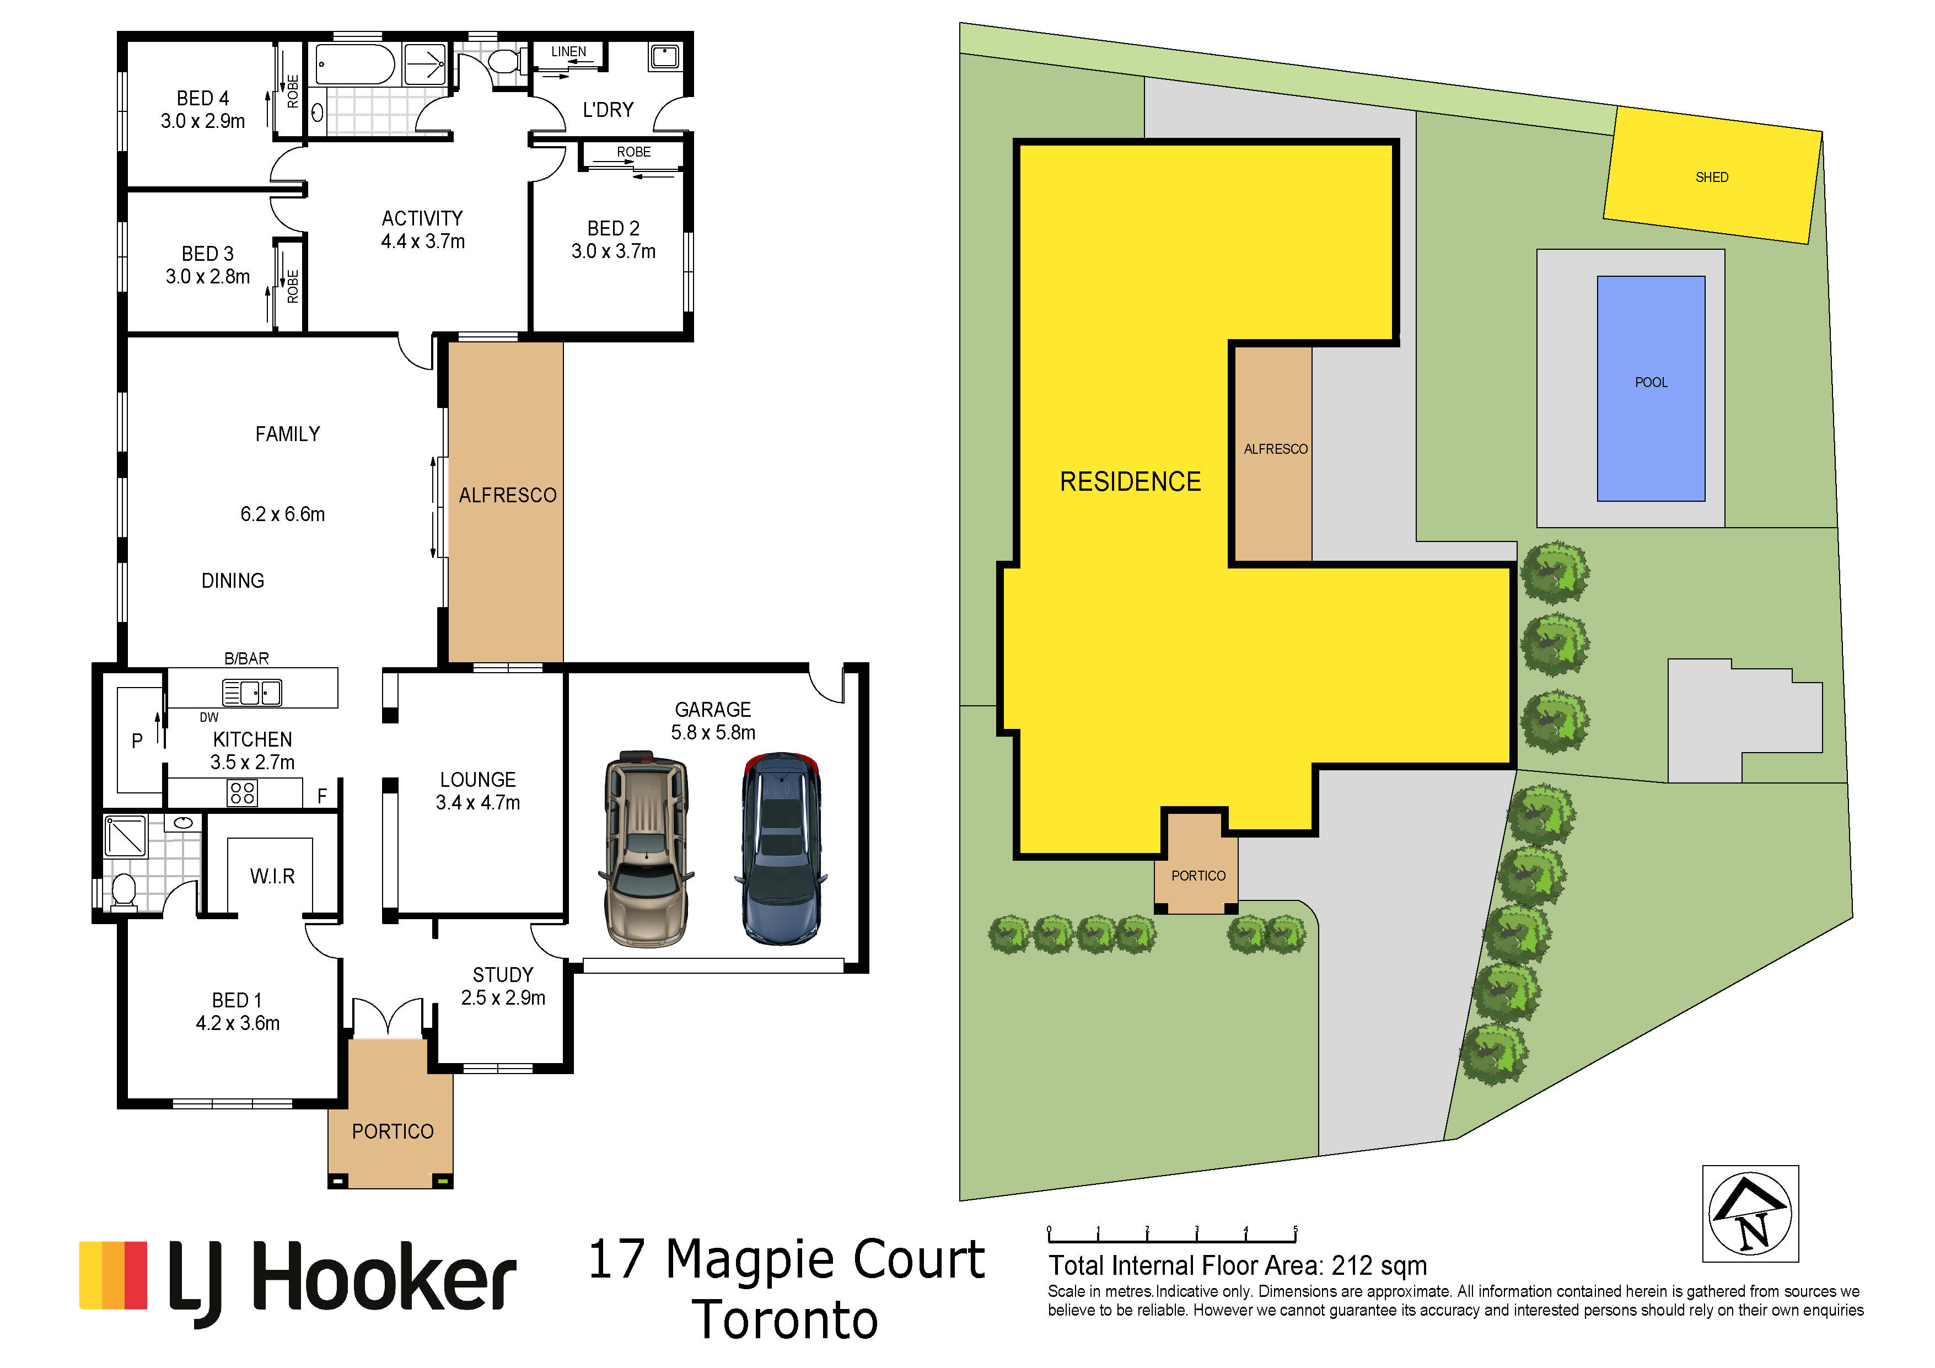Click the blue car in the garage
(x=781, y=848)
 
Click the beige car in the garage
(x=646, y=848)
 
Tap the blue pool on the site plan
(x=1651, y=389)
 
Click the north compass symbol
(x=1750, y=1214)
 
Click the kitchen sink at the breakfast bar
(x=252, y=692)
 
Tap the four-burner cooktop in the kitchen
(x=243, y=793)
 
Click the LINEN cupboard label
(x=569, y=51)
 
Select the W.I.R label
(x=272, y=877)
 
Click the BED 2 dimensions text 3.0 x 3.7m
(x=614, y=251)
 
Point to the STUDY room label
(x=503, y=975)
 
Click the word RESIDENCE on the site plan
(x=1130, y=481)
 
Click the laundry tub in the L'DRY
(x=664, y=56)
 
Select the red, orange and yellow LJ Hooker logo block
(x=113, y=1275)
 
